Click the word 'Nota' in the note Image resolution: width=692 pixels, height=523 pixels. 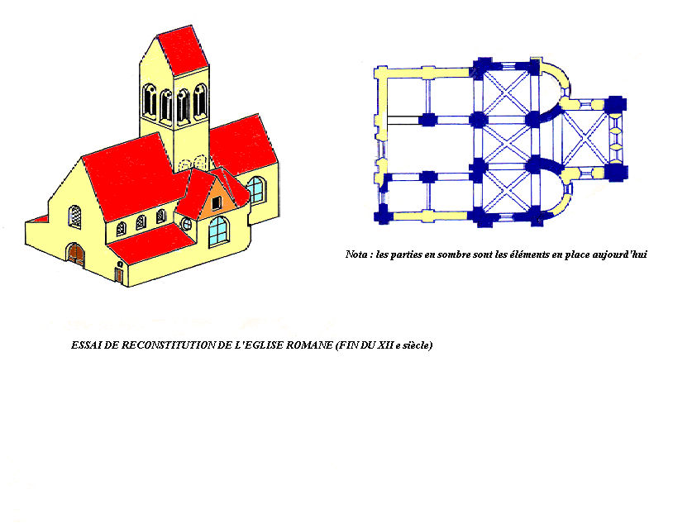356,254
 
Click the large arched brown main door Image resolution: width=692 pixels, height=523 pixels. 76,254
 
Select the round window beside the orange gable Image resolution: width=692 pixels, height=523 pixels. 187,224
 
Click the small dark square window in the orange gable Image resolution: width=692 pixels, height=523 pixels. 217,203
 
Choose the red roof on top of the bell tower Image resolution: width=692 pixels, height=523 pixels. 182,50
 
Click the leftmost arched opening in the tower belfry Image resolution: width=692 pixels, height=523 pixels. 150,102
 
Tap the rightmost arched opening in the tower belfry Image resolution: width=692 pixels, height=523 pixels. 200,102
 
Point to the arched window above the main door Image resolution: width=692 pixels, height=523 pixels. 75,216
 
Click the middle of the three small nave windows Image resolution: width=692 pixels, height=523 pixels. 141,222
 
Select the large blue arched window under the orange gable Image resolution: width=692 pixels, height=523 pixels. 218,231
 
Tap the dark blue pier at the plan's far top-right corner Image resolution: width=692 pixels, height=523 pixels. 616,105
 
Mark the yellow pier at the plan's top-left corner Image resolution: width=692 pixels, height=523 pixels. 381,73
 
